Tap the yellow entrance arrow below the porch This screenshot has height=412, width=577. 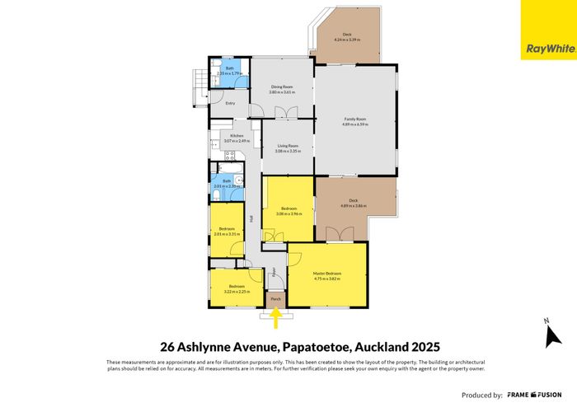coord(276,314)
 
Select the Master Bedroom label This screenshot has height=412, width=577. coord(327,274)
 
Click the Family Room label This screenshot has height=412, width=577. coord(355,119)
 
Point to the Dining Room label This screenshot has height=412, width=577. coord(283,87)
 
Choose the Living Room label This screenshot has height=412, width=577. coord(287,146)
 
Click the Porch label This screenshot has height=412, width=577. coord(276,298)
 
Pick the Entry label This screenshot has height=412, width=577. coord(218,103)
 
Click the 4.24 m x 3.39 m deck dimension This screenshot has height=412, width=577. coord(349,39)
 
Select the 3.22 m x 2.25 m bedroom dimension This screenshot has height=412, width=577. coord(236,292)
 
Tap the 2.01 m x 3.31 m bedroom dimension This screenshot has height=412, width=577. coord(227,234)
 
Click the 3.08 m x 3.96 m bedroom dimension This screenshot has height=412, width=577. coord(288,213)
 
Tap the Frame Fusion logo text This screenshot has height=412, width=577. coord(535,394)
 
